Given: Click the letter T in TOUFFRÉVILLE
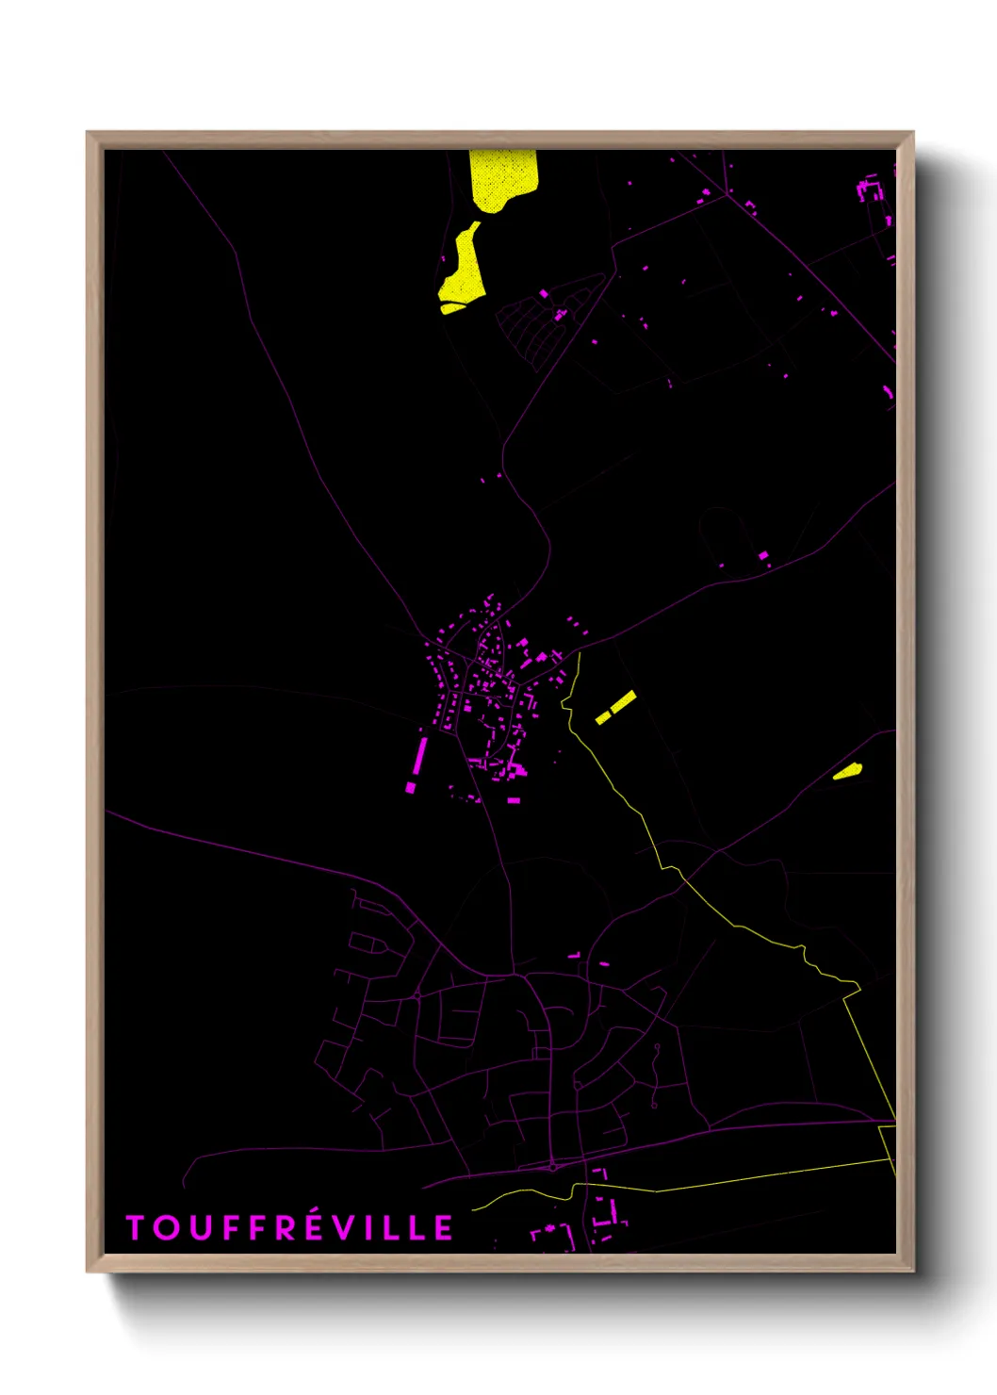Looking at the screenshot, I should [x=135, y=1227].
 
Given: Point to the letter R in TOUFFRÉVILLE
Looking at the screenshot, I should [x=285, y=1227].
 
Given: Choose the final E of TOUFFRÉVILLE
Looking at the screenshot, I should [x=444, y=1227].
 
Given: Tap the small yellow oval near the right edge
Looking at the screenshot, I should [x=847, y=772].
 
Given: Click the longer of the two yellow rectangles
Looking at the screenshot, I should [x=624, y=700].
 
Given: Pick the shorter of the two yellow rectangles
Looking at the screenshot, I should [x=602, y=718].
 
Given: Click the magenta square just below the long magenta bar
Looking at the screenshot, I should [x=411, y=787].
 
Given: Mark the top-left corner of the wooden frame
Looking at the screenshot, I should [x=88, y=133].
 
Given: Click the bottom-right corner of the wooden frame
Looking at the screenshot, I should [x=912, y=1271].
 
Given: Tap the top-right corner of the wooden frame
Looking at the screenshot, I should [x=912, y=133].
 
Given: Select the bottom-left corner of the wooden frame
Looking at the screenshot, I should [x=88, y=1271].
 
